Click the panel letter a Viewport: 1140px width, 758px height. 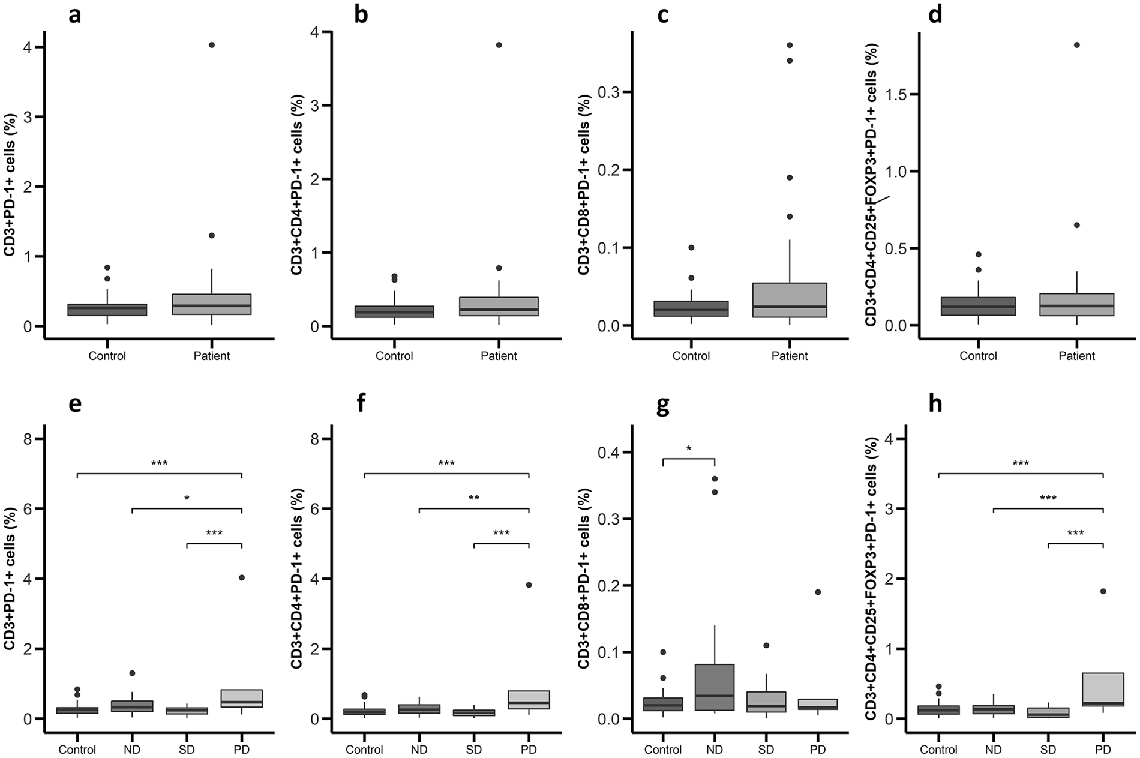[74, 14]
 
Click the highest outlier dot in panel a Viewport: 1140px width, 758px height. [212, 45]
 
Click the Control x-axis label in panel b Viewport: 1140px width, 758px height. [394, 356]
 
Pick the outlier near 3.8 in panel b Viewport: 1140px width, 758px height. [499, 45]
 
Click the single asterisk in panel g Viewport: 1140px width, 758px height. [689, 448]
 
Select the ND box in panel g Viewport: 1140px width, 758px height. [715, 687]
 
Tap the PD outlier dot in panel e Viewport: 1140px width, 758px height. [242, 577]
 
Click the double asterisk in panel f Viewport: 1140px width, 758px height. [473, 498]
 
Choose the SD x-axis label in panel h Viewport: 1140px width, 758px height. [1048, 750]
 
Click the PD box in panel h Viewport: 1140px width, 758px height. [1103, 698]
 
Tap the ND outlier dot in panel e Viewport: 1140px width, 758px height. [132, 673]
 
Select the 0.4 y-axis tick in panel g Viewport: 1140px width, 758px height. [613, 452]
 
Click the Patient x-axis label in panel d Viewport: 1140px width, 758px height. [1076, 356]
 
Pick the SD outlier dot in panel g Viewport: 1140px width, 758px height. [766, 645]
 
